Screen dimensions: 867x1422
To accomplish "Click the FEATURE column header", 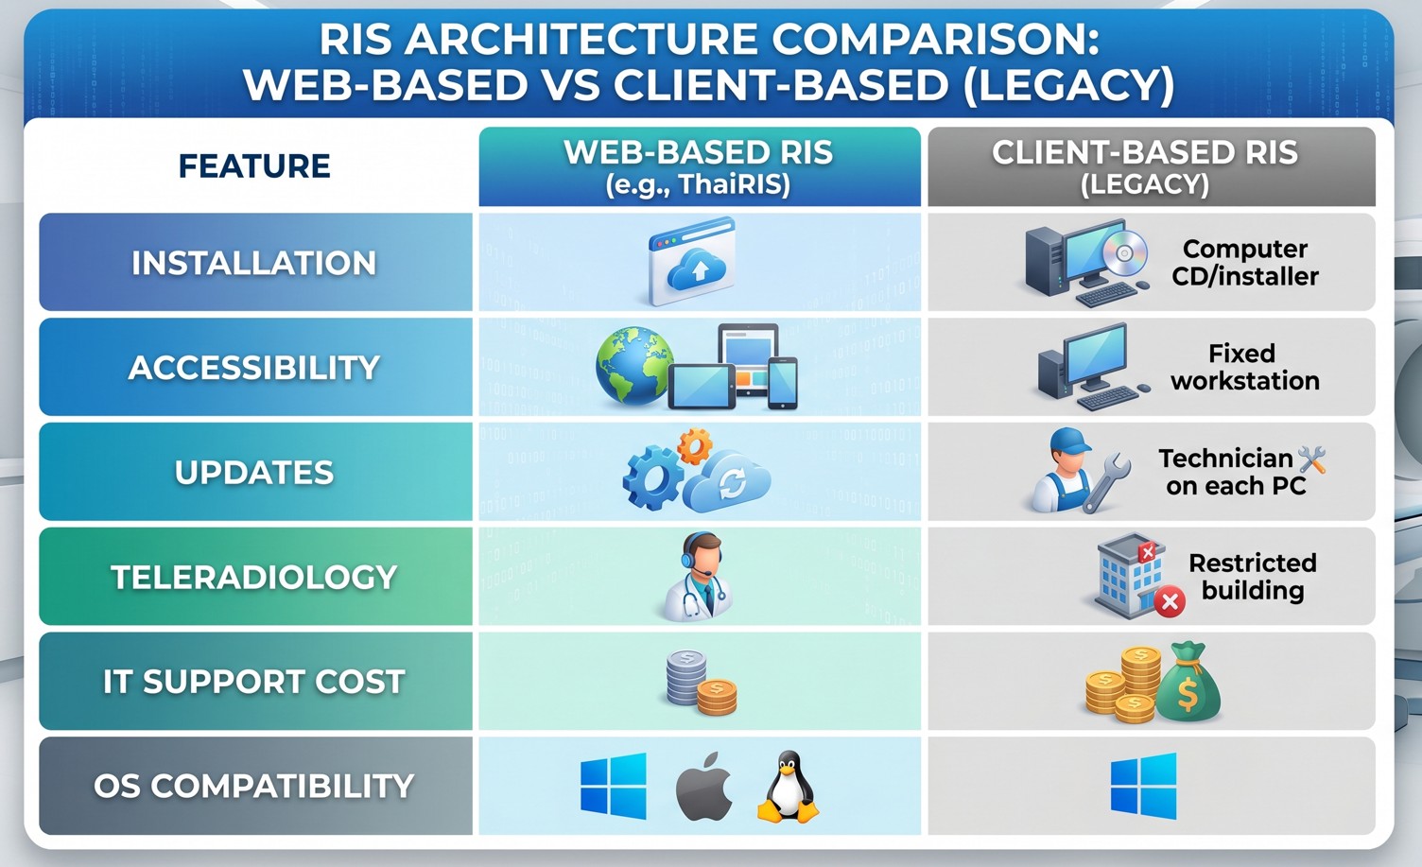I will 254,166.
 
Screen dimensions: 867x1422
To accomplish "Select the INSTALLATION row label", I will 254,263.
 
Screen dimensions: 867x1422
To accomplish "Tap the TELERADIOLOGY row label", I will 254,578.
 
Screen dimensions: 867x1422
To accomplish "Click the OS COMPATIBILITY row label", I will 254,787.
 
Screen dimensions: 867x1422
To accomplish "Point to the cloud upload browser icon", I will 693,261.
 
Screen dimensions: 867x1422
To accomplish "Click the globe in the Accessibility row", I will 633,366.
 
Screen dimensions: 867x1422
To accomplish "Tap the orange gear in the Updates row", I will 695,444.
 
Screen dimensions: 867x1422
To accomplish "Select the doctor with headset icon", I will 699,576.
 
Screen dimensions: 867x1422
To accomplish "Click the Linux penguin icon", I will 787,787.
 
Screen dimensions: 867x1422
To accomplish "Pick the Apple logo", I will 704,789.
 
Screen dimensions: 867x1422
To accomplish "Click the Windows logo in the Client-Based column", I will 1144,786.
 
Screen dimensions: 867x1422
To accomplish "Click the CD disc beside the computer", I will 1124,252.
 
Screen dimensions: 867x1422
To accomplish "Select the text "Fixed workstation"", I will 1244,367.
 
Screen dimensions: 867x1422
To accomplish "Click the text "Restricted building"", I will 1252,577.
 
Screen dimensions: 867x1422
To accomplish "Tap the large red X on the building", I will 1170,600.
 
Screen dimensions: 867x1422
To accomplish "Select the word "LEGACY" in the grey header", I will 1145,183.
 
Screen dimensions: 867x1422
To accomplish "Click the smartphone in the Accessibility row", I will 782,382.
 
